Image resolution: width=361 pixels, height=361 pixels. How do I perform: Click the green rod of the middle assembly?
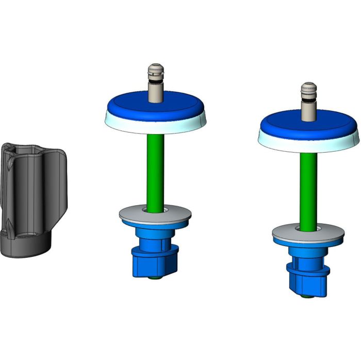pos(154,170)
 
